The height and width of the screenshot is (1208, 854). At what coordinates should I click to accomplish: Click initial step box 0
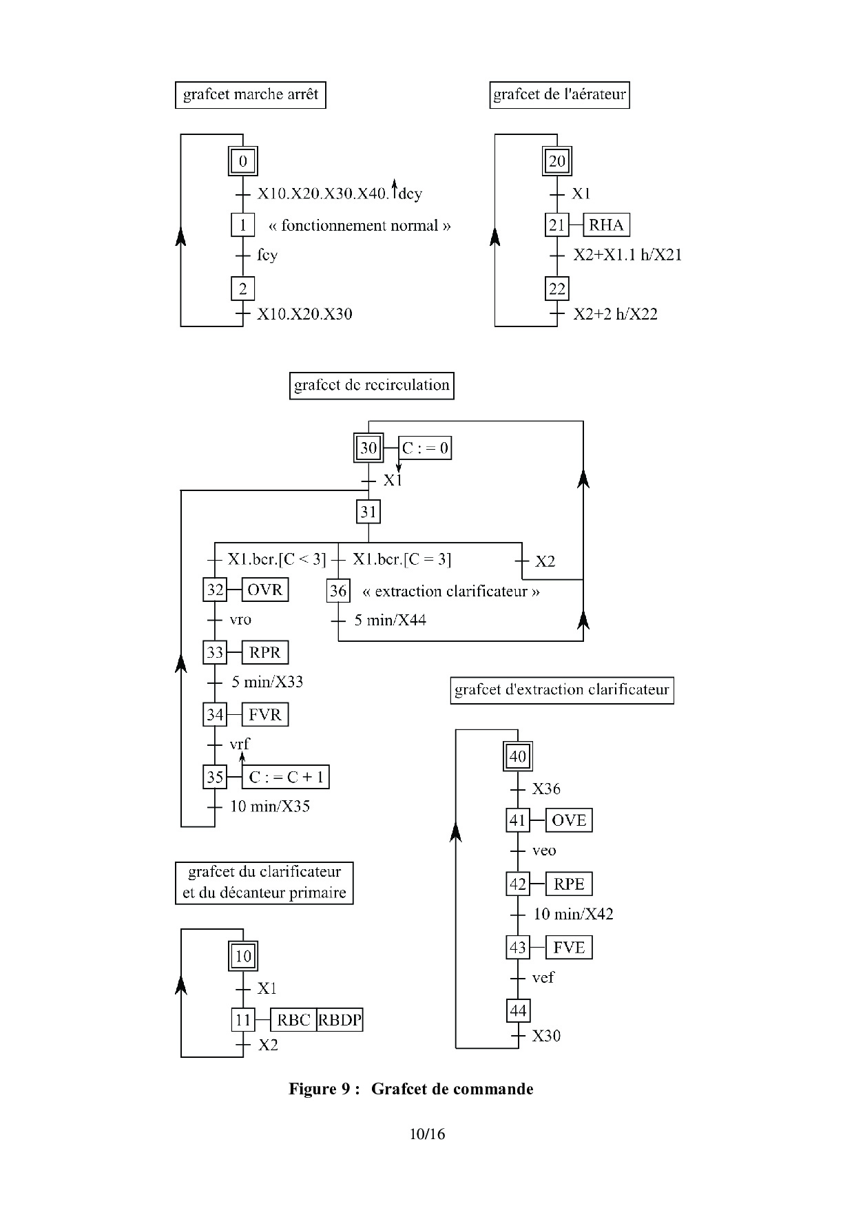[242, 162]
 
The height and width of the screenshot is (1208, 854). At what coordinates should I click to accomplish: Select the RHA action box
[606, 225]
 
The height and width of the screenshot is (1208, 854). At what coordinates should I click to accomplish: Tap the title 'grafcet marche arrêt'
[251, 95]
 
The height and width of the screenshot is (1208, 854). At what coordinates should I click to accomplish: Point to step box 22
[556, 289]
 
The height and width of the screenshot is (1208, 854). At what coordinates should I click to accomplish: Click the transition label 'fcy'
[267, 256]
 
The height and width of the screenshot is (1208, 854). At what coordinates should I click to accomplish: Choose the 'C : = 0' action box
[425, 448]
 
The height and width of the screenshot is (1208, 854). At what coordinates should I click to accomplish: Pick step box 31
[368, 512]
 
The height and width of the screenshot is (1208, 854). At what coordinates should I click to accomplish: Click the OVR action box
[265, 590]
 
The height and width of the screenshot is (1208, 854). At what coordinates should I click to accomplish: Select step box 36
[338, 591]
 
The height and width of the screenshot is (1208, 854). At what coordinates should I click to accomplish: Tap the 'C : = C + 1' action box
[286, 777]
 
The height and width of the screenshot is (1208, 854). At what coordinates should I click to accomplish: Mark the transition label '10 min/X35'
[270, 806]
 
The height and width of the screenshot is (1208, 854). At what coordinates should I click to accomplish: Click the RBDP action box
[340, 1020]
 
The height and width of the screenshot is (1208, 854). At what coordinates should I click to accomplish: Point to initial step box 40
[517, 757]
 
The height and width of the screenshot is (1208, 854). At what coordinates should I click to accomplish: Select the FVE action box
[569, 948]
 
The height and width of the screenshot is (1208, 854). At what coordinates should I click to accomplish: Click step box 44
[518, 1010]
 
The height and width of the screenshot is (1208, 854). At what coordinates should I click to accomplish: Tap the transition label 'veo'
[544, 851]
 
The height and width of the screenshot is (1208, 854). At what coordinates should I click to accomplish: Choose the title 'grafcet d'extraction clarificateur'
[561, 690]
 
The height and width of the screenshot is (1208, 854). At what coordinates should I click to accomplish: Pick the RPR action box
[265, 652]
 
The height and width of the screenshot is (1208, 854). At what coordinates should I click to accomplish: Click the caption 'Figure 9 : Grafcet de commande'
[410, 1089]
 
